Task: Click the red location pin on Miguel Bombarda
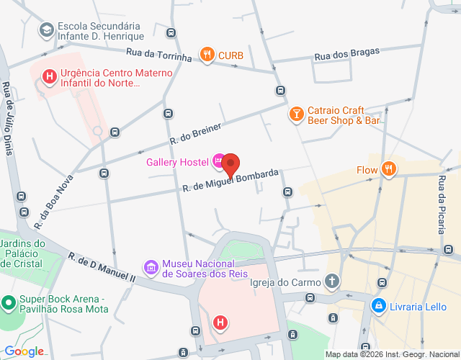230,164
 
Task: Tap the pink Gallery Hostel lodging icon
218,161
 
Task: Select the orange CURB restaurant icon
207,54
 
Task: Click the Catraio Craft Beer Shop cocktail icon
296,114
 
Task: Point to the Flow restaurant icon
389,170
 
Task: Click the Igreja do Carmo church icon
332,282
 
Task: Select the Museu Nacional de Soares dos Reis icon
151,268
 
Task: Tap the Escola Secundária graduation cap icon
46,30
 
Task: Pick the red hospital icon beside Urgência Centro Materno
49,77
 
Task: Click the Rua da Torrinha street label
158,55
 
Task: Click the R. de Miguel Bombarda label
230,181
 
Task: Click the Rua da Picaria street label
441,204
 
